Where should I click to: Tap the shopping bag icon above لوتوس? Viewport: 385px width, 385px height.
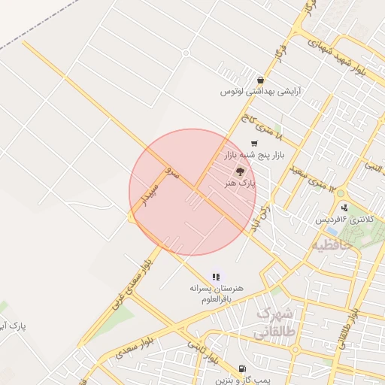tap(260, 80)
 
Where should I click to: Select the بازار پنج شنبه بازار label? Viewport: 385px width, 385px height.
tap(250, 154)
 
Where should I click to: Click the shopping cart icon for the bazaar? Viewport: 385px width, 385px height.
tap(254, 143)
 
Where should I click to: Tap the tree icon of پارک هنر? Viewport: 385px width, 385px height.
tap(241, 171)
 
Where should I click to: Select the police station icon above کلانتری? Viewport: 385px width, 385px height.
tap(344, 208)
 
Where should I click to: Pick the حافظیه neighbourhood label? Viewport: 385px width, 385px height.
tap(332, 245)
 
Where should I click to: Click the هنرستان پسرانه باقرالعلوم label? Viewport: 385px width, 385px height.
tap(215, 293)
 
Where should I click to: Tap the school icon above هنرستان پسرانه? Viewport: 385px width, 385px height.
tap(216, 277)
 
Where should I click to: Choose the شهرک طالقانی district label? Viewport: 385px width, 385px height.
tap(277, 321)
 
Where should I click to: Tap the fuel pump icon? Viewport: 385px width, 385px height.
tap(241, 368)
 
